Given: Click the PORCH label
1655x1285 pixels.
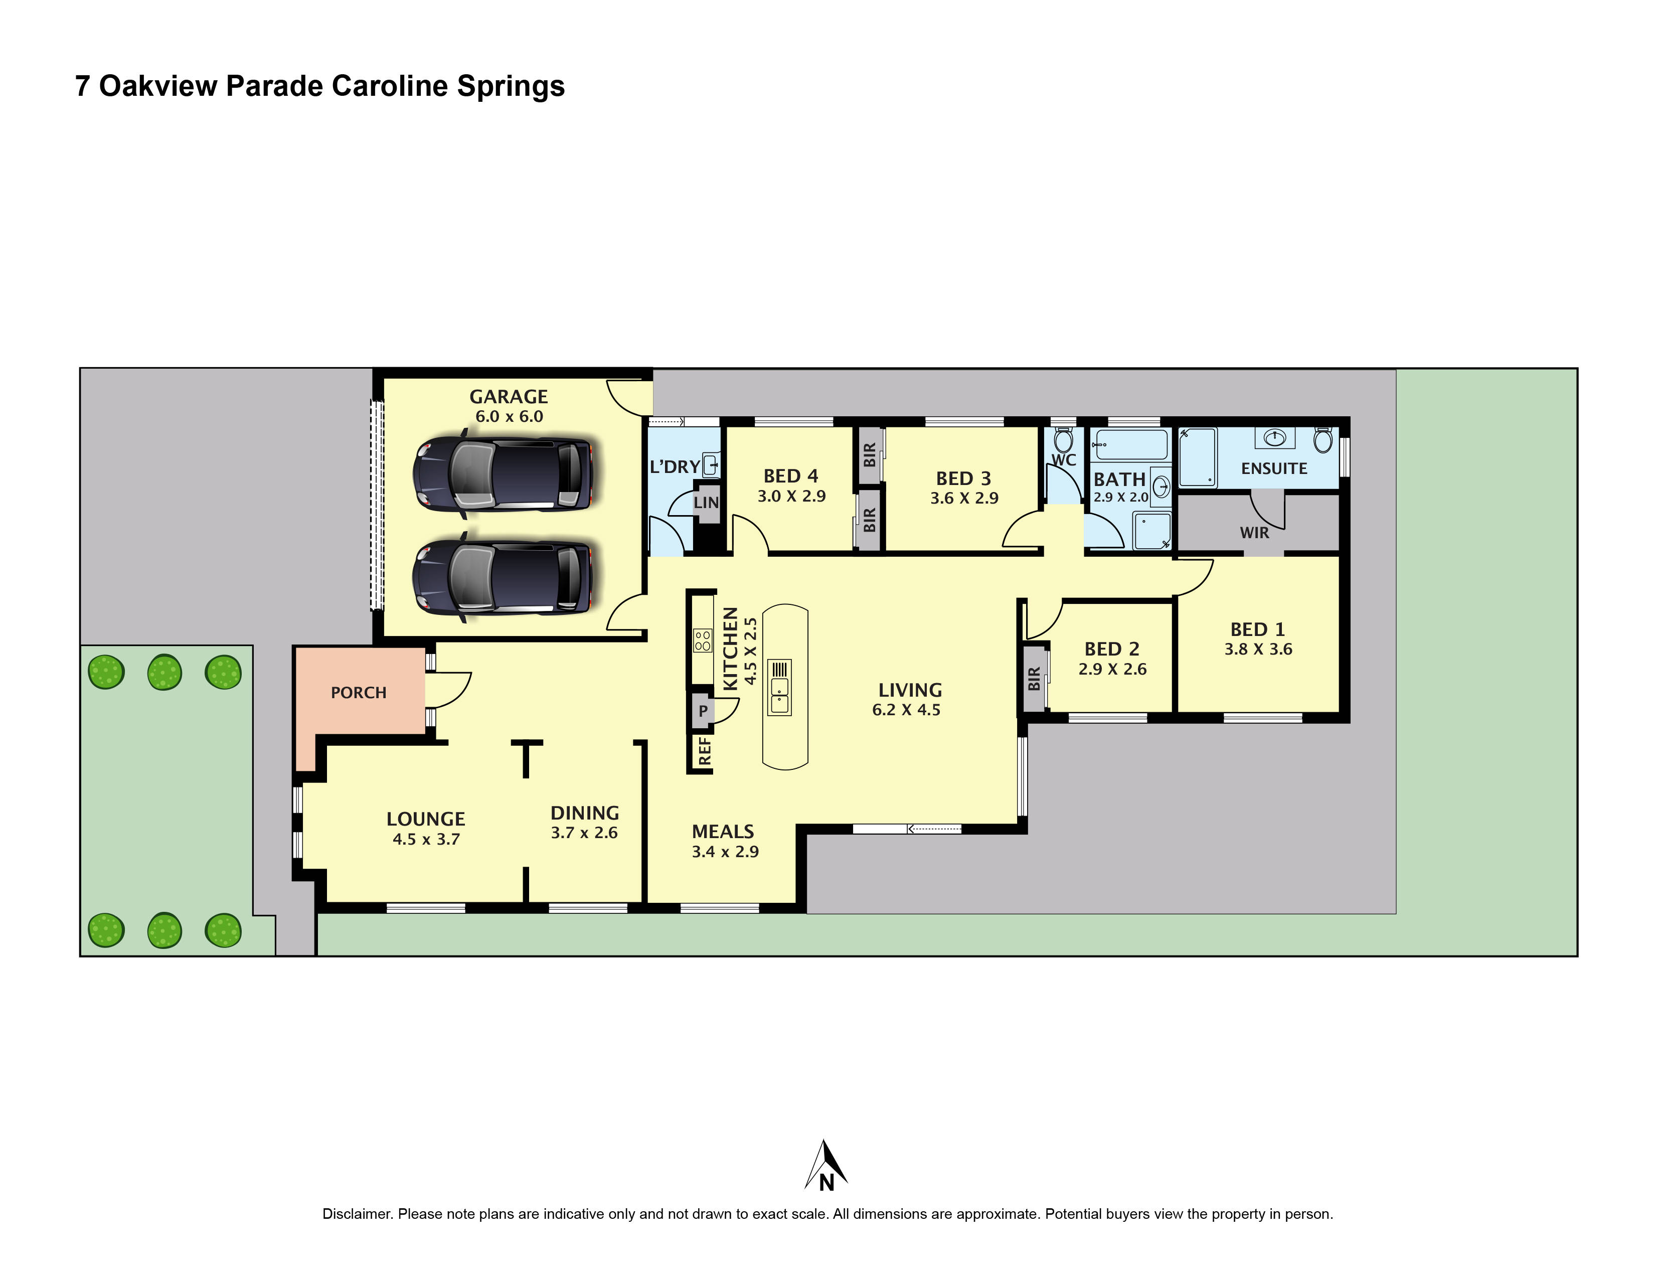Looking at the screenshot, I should click(x=359, y=693).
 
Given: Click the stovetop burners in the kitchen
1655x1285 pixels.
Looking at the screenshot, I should click(x=703, y=641).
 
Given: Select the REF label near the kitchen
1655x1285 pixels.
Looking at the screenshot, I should click(x=705, y=751).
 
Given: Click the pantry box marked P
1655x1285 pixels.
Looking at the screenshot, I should click(x=703, y=711).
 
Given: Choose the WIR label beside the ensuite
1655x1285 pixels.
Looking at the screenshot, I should click(x=1254, y=533).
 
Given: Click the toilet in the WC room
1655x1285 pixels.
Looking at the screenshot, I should click(x=1063, y=439).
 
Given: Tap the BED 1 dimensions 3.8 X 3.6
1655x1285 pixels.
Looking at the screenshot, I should click(x=1258, y=650).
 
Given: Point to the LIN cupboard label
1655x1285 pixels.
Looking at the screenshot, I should click(x=706, y=503).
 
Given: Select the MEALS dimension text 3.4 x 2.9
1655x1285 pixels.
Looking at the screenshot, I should click(x=725, y=852).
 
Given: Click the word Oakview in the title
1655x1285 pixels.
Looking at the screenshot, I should click(x=157, y=86).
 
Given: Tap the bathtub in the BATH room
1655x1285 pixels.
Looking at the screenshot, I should click(x=1129, y=445).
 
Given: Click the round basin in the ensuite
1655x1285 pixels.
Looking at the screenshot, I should click(x=1274, y=437).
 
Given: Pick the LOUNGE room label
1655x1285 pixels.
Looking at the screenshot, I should click(x=425, y=819).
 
